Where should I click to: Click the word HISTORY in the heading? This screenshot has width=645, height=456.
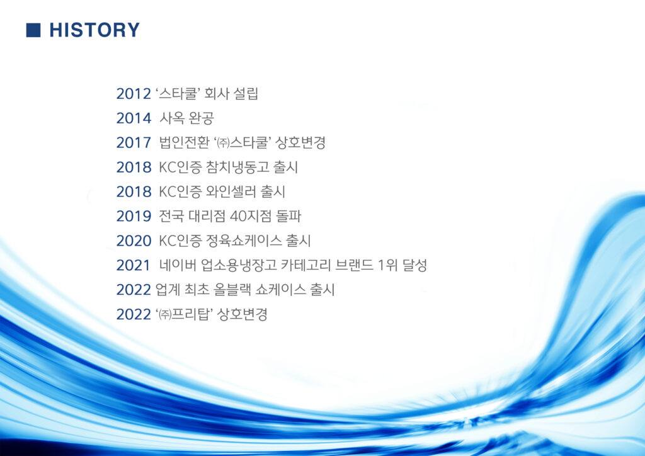tap(94, 30)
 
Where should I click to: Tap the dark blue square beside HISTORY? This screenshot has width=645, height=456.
tap(33, 30)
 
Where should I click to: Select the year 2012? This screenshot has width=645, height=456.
tap(134, 94)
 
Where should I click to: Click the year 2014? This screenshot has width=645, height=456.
tap(134, 118)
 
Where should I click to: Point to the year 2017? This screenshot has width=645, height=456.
tap(134, 143)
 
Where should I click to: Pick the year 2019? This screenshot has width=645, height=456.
tap(134, 216)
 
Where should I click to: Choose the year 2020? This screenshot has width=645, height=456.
tap(134, 241)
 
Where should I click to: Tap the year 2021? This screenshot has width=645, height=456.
tap(134, 265)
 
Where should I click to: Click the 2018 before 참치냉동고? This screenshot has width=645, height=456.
tap(134, 168)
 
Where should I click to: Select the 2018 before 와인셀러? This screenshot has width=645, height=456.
tap(134, 191)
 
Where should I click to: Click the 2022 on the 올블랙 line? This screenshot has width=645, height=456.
tap(134, 290)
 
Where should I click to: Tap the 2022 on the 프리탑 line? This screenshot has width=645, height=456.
tap(134, 314)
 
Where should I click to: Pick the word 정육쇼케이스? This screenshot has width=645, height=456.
tap(244, 241)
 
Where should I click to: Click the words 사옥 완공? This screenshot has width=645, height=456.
tap(186, 118)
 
